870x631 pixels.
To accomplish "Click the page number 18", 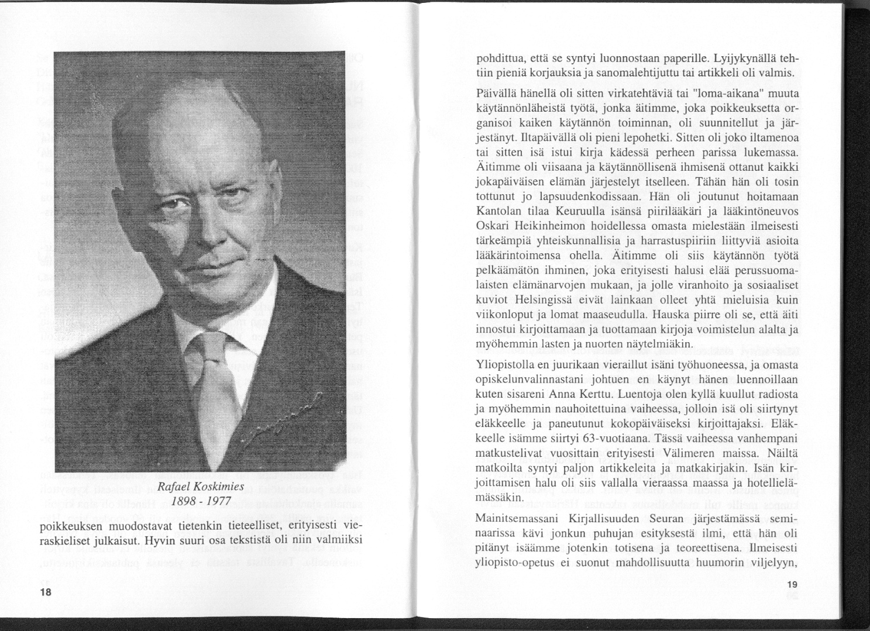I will [46, 591].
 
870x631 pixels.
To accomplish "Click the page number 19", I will [793, 585].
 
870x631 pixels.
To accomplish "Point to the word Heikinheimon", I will [542, 226].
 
